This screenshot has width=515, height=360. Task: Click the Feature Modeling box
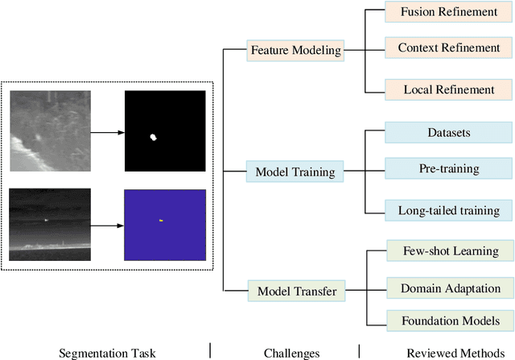tap(295, 51)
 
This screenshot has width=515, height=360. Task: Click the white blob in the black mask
tap(155, 137)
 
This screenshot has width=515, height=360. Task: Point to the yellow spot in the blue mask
tap(161, 220)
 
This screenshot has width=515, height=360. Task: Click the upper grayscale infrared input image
tap(49, 130)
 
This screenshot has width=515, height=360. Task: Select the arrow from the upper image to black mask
tap(106, 130)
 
